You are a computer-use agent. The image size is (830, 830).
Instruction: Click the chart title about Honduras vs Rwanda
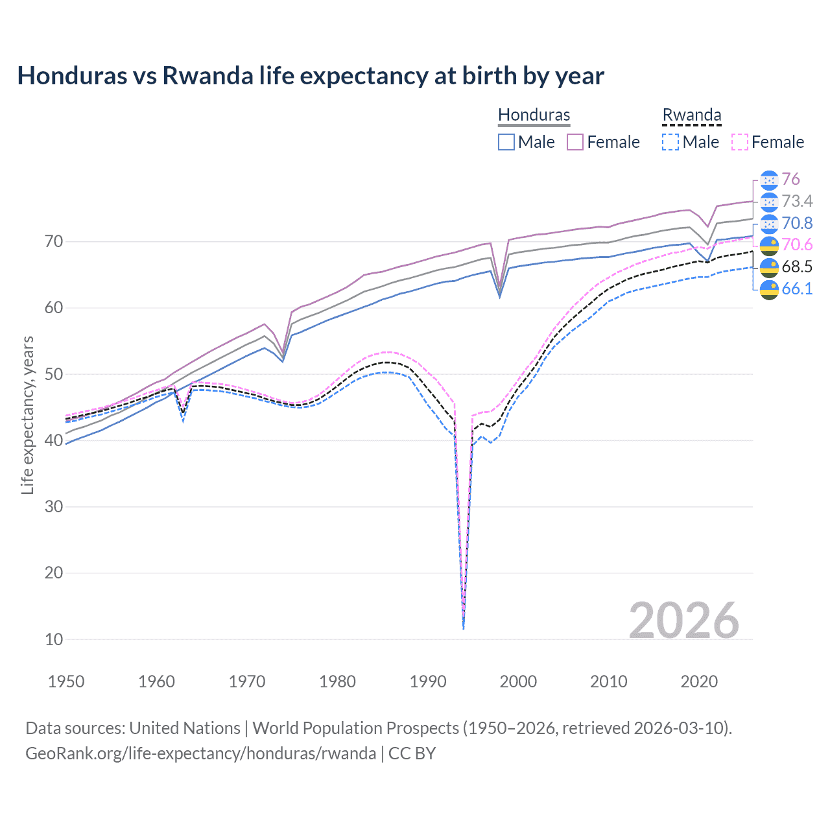[x=311, y=76]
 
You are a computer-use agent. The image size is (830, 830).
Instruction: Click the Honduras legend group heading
[x=534, y=115]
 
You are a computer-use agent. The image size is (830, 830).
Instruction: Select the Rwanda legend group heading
[x=691, y=115]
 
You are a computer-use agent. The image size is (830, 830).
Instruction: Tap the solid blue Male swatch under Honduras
[x=506, y=142]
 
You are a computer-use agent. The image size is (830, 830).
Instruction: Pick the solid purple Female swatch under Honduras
[x=575, y=142]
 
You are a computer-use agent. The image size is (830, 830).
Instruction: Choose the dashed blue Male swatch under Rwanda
[x=670, y=142]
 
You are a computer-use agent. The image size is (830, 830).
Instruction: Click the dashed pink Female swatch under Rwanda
[x=739, y=142]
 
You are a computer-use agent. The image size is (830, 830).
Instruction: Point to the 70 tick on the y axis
[x=54, y=242]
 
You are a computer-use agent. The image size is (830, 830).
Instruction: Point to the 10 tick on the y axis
[x=54, y=639]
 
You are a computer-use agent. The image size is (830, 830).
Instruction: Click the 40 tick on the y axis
[x=54, y=440]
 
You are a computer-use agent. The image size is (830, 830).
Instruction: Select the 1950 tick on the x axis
[x=66, y=682]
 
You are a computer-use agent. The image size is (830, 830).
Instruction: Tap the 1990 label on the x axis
[x=428, y=682]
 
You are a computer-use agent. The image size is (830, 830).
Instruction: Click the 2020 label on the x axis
[x=699, y=682]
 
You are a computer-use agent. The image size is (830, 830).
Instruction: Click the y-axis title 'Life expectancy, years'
[x=27, y=415]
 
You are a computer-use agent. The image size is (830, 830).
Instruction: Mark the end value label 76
[x=790, y=180]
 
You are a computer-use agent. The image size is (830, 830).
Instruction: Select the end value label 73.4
[x=797, y=202]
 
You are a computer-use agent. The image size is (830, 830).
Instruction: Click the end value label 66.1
[x=797, y=289]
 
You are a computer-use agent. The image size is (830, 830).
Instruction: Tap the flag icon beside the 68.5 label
[x=769, y=267]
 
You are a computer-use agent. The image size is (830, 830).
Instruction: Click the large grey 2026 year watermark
[x=683, y=621]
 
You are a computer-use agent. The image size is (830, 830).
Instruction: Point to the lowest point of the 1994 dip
[x=463, y=628]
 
